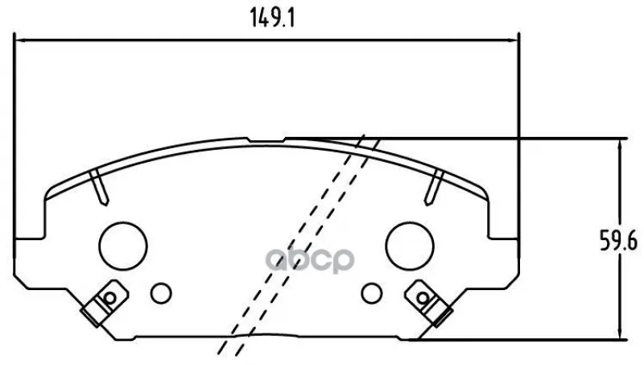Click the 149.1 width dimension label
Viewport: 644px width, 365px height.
[272, 19]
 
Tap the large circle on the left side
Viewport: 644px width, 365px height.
[123, 247]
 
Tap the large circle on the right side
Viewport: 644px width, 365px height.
[410, 247]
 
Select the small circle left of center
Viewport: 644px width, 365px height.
[161, 293]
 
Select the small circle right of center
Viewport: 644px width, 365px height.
[372, 293]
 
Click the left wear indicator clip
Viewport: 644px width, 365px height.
[105, 302]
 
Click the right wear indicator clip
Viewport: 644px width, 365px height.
[429, 302]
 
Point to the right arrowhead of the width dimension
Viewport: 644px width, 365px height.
[514, 40]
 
